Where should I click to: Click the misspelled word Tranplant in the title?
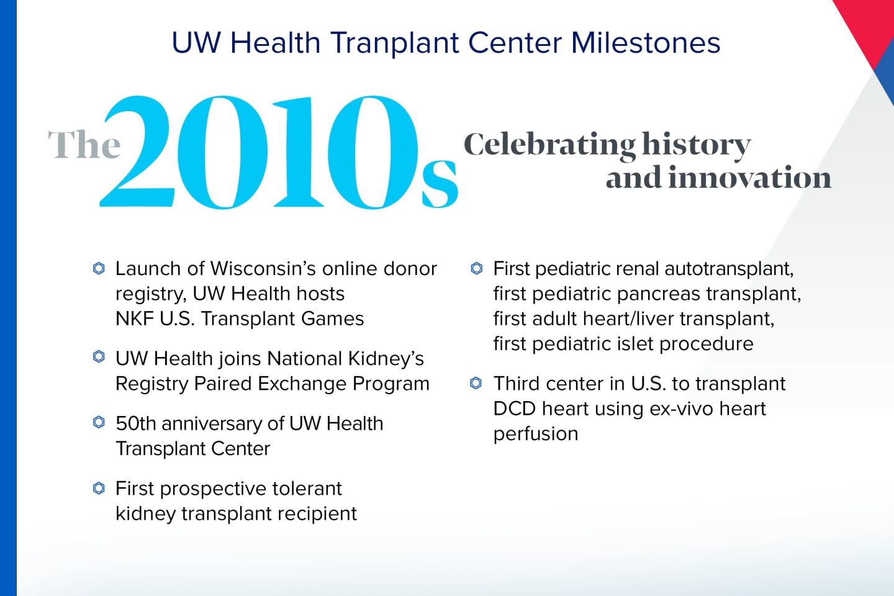tap(394, 43)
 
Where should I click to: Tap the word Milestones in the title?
tap(645, 43)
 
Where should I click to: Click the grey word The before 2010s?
tap(84, 145)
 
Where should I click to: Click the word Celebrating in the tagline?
tap(549, 145)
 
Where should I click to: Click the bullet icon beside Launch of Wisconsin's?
tap(99, 268)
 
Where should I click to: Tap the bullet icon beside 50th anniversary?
tap(99, 423)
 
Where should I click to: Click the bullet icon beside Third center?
tap(476, 383)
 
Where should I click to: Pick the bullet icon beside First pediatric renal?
tap(476, 268)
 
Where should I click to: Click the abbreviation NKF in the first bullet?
tap(133, 318)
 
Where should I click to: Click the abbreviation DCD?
tap(515, 409)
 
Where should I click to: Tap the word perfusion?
tap(535, 434)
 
